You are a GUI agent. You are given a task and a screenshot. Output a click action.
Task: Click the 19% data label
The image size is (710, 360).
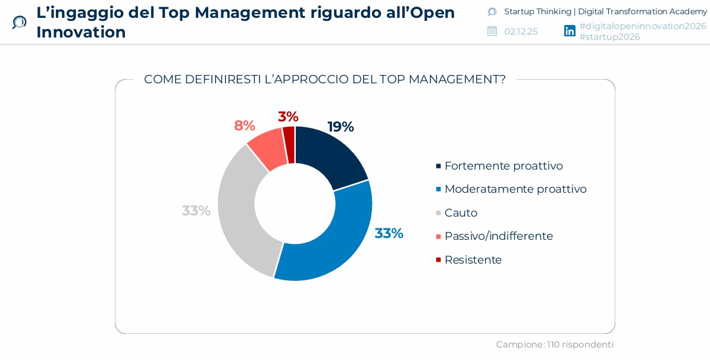coord(340,127)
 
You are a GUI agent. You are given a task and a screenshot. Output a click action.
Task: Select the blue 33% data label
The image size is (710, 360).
coord(389,233)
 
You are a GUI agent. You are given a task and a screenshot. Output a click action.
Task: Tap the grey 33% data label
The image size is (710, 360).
coord(196,211)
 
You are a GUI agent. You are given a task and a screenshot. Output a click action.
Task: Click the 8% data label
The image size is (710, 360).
coord(244,126)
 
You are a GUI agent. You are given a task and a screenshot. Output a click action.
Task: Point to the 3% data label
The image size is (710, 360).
coord(288,117)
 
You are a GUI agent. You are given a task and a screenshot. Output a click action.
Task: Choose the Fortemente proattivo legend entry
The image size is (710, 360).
coord(503,166)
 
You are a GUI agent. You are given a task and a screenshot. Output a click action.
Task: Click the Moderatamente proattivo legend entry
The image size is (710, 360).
coord(515,189)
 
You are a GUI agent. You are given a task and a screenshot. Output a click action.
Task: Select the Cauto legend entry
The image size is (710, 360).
coord(460,213)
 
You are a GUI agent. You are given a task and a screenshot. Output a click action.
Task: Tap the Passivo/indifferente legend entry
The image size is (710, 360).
coord(498,236)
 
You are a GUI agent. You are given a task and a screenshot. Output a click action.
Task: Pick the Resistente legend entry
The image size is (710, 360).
coord(473,260)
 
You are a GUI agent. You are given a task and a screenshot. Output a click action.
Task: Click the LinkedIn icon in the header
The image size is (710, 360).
coord(570,31)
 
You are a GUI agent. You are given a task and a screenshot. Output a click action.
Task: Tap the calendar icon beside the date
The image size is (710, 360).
coord(492,31)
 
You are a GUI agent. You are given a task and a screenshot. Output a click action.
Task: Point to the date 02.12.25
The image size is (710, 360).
coord(521,32)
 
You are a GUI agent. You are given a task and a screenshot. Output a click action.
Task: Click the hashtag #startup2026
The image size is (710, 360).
coord(609,37)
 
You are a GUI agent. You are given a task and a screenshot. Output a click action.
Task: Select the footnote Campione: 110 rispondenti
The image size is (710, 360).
coord(555,345)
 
